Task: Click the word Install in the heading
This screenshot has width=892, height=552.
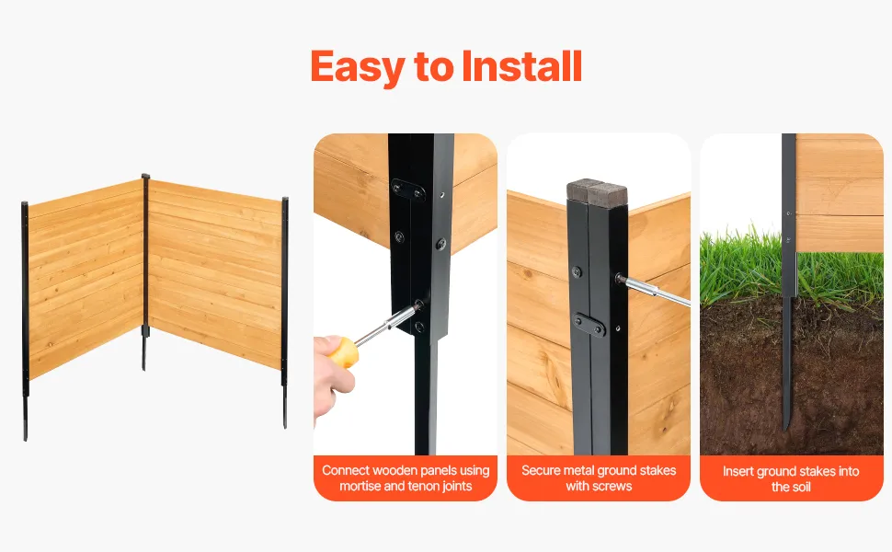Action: [x=521, y=66]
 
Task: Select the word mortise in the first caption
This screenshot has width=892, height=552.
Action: [x=360, y=486]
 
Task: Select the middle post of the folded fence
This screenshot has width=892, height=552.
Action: [x=145, y=272]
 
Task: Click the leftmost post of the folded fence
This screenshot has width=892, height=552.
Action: [x=25, y=320]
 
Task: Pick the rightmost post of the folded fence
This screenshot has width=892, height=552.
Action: [x=284, y=312]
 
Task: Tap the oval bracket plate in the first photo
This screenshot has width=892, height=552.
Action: [x=408, y=190]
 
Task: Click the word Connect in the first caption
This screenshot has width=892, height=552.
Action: [x=347, y=471]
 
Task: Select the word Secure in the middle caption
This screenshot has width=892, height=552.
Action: [x=541, y=470]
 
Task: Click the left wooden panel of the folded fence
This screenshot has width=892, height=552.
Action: [x=86, y=279]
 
